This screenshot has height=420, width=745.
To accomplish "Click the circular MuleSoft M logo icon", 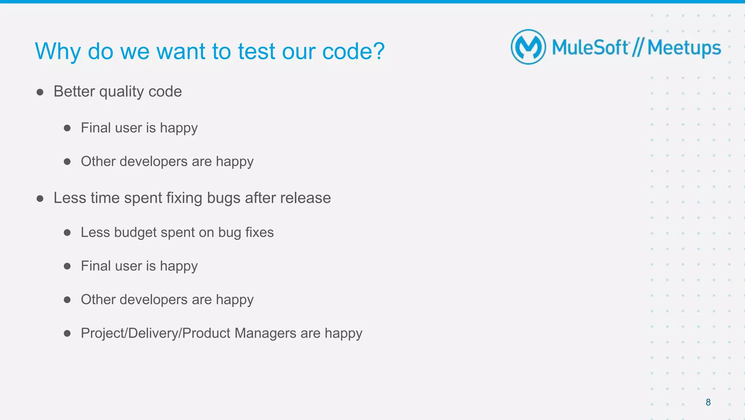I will point(528,47).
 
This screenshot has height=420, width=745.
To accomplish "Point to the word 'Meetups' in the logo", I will point(684,48).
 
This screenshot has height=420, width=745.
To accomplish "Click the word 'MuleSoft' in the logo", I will point(590,48).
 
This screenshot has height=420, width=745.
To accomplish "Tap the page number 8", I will point(708,402).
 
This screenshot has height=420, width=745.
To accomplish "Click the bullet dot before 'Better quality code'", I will point(40,92).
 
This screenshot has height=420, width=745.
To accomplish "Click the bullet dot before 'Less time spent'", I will point(40,199).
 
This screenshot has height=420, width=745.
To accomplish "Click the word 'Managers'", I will point(265,333).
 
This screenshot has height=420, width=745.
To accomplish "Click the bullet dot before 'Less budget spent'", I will point(67,233).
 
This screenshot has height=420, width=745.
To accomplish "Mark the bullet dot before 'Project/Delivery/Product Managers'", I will point(67,333).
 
